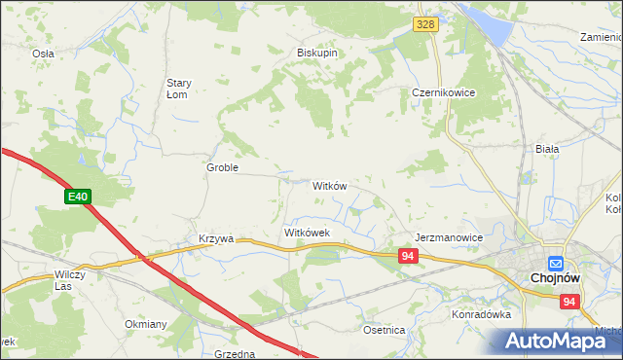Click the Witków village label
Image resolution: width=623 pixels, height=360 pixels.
tap(329, 185)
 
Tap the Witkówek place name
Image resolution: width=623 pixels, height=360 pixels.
tap(308, 234)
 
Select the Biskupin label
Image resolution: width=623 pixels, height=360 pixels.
tap(317, 54)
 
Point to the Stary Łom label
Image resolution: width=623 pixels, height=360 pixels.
tap(184, 89)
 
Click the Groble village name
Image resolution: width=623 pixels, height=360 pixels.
tap(222, 167)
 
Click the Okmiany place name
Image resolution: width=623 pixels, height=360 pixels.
tap(146, 324)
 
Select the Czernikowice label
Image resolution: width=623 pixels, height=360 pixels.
tap(436, 93)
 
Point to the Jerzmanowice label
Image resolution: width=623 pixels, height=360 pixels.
tap(449, 237)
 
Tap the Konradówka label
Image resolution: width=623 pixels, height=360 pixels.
tap(481, 315)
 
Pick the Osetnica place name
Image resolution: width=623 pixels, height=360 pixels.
tap(384, 330)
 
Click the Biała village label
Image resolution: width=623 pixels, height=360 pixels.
tap(547, 149)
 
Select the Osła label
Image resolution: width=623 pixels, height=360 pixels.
tap(43, 54)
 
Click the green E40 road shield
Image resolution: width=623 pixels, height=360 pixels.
tap(78, 198)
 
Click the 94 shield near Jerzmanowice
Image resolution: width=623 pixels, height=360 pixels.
tap(409, 256)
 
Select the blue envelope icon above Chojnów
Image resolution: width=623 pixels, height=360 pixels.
tap(555, 263)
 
